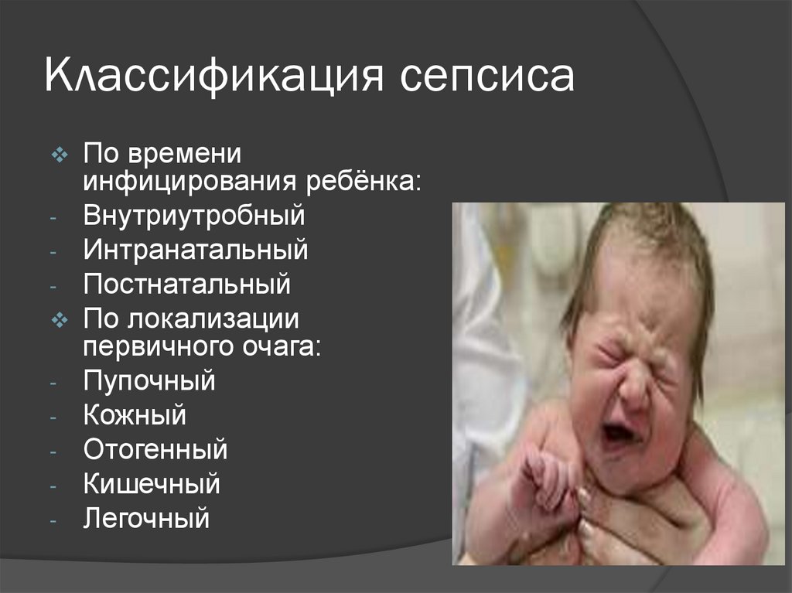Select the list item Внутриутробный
(x=194, y=216)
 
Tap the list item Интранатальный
(x=196, y=250)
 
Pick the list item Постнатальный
(x=187, y=284)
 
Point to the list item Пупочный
(x=149, y=381)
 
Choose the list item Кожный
(x=135, y=415)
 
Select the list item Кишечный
(x=152, y=484)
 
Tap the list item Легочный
(x=146, y=518)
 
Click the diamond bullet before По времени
(x=60, y=155)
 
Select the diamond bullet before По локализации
(x=60, y=319)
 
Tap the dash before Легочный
(x=52, y=520)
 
